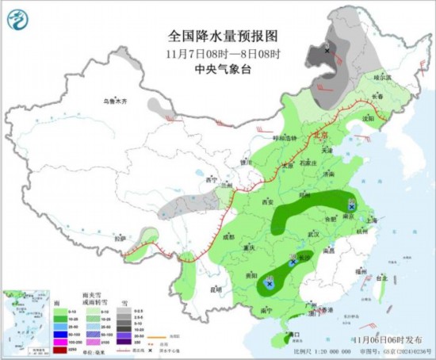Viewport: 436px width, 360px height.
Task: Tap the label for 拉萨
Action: [119, 237]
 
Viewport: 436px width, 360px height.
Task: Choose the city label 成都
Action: [228, 236]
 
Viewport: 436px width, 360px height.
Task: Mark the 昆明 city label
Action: [216, 288]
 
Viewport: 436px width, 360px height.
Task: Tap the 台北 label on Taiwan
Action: [381, 278]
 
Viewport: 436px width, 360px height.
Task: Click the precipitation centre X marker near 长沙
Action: [294, 260]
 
